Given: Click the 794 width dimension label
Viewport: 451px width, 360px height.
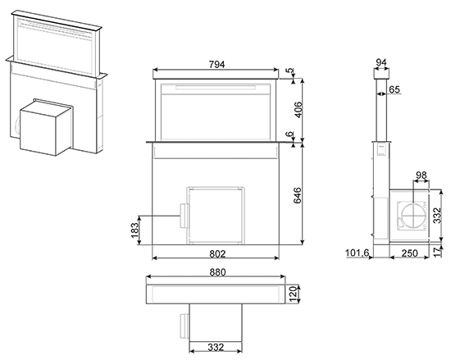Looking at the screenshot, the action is (x=216, y=65).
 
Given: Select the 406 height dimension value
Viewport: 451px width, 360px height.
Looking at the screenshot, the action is (x=298, y=110).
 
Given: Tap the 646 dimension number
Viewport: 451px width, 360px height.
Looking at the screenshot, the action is (x=298, y=195).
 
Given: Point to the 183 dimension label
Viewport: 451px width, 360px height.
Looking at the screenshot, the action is (x=134, y=230).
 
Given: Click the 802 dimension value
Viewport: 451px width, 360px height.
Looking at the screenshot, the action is (x=217, y=254).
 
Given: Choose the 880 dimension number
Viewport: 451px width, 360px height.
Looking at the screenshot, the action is (x=218, y=272).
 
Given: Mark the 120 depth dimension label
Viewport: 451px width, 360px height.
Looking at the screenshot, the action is (x=293, y=294).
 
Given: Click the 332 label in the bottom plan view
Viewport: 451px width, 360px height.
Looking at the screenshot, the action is (x=216, y=347).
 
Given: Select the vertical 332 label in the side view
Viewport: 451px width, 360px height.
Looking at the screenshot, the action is (x=437, y=216).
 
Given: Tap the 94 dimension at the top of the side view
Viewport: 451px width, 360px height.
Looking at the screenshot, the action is (x=381, y=62).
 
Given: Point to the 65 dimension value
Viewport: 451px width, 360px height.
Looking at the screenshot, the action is (x=394, y=89).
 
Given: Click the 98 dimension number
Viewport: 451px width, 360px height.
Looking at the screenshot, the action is (x=421, y=175).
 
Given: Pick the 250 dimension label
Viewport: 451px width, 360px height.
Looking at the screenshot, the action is (x=409, y=253).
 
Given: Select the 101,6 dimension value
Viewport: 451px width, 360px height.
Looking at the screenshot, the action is (x=357, y=253).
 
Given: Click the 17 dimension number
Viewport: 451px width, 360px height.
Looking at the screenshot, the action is (x=438, y=252).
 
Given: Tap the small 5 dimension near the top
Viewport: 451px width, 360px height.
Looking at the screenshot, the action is (x=290, y=71).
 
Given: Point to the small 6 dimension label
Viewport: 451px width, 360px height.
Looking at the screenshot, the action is (x=290, y=134).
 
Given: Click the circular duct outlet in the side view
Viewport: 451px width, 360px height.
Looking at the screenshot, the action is (x=413, y=216).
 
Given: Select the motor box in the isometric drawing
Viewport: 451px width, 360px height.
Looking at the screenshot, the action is (x=46, y=127).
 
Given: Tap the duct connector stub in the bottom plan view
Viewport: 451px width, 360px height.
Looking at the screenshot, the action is (x=184, y=326).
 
